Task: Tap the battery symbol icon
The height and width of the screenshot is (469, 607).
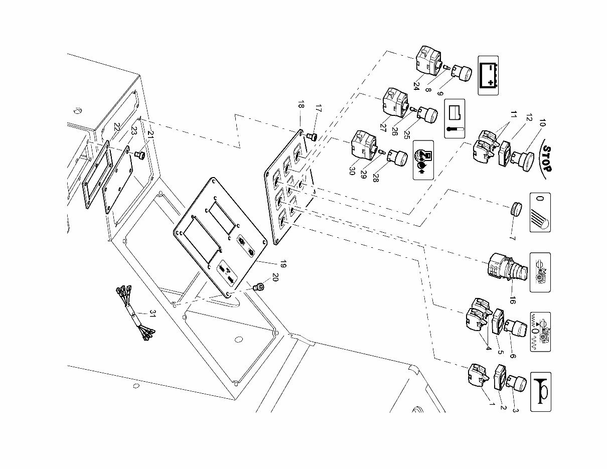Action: pos(488,75)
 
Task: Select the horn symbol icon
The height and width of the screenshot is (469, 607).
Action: pos(540,392)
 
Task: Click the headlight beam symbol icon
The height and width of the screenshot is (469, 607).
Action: pos(540,212)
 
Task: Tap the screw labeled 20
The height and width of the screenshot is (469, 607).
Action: pos(259,287)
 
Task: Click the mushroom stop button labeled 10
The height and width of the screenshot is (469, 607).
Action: pos(522,160)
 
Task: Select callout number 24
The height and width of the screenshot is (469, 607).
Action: pos(416,85)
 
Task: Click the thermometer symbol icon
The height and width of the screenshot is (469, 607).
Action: pos(455,118)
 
